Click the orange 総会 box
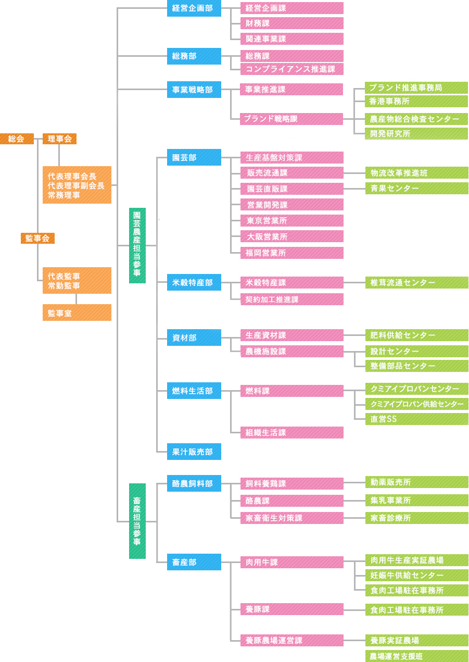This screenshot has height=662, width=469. [17, 139]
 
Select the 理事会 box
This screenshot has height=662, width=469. [59, 139]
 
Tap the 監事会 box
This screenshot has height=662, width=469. [37, 238]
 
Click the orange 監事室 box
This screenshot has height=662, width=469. [77, 313]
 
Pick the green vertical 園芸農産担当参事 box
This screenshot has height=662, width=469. [137, 245]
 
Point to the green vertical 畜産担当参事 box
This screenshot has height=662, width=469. [137, 521]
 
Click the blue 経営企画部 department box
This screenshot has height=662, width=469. [194, 8]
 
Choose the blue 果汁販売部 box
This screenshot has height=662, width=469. [194, 452]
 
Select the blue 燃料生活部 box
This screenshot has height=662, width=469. [194, 391]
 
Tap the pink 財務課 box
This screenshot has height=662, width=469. [292, 23]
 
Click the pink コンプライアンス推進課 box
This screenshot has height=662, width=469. [292, 69]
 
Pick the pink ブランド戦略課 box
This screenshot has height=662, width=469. [291, 119]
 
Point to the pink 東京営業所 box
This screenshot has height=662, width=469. [292, 220]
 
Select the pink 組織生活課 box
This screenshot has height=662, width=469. [292, 432]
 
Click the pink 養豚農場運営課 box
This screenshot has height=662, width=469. [292, 640]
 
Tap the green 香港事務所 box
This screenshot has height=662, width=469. [416, 101]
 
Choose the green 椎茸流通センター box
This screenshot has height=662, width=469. [417, 282]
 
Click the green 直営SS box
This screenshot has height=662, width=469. [417, 419]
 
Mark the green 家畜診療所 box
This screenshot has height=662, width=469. [417, 518]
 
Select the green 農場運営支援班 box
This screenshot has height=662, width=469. [417, 656]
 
